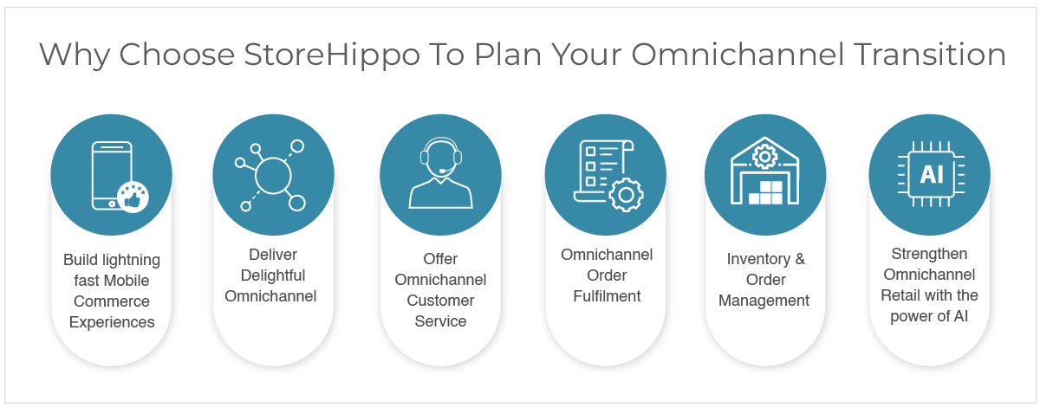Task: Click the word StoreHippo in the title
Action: tap(331, 55)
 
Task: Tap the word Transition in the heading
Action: tap(929, 55)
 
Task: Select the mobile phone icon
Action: tap(112, 176)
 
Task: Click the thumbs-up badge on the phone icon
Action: tap(133, 197)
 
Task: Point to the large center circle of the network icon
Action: tap(273, 176)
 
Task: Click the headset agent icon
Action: tap(440, 172)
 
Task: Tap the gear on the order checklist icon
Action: tap(626, 195)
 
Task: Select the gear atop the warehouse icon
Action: tap(765, 157)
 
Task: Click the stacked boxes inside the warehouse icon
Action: tap(765, 192)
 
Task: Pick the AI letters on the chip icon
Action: tap(932, 174)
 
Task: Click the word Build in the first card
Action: tap(80, 260)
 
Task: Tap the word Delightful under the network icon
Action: tap(273, 275)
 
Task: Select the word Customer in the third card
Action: tap(440, 301)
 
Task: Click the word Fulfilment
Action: tap(607, 296)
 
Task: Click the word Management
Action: tap(764, 301)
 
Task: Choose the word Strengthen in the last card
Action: tap(929, 255)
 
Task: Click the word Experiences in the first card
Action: tap(112, 322)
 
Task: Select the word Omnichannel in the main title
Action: tap(738, 55)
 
